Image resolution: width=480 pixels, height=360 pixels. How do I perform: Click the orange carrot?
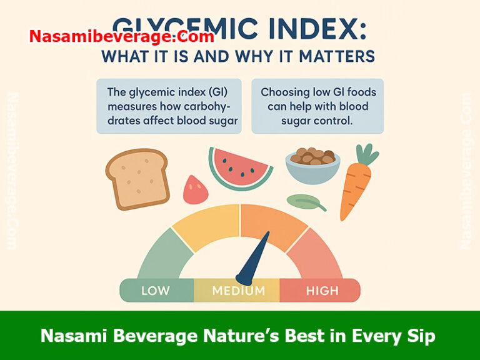click(354, 187)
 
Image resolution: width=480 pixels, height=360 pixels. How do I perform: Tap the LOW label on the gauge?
click(156, 291)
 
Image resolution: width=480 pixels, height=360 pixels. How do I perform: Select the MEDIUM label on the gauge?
click(238, 291)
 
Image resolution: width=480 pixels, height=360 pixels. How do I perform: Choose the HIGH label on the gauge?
click(322, 291)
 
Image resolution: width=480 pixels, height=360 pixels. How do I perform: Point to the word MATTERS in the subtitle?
click(337, 56)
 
